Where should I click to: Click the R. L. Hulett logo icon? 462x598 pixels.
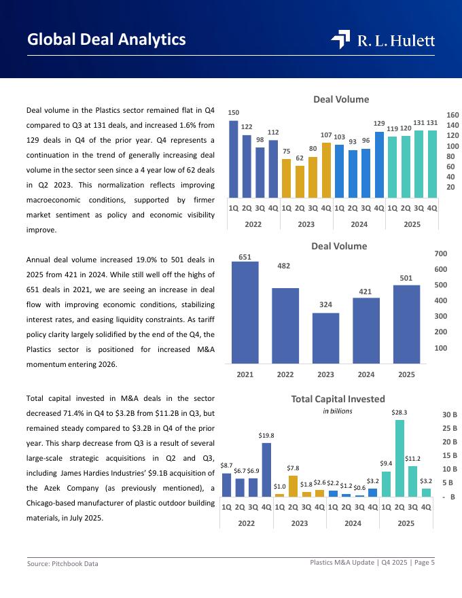coord(340,40)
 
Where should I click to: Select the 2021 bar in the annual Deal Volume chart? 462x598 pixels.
coord(245,312)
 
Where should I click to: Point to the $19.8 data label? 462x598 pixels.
coord(266,435)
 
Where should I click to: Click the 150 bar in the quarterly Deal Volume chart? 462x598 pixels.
coord(234,158)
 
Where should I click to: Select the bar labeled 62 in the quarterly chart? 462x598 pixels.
coord(300,181)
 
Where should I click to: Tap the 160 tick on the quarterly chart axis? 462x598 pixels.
coord(452,115)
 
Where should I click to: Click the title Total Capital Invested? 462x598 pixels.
coord(338,399)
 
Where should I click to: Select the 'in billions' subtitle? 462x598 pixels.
coord(338,411)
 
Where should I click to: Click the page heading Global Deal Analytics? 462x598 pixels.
coord(107,39)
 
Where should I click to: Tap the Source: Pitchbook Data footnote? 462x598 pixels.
coord(63,563)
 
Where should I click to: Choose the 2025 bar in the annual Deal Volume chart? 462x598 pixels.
coord(406,323)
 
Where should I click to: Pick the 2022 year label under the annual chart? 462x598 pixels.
coord(285,374)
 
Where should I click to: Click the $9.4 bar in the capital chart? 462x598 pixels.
coord(386,484)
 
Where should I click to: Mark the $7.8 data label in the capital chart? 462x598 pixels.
coord(293,468)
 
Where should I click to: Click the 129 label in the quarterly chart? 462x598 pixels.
coord(379,124)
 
